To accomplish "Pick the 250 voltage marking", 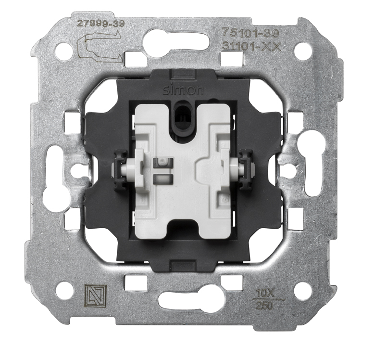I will tap(262, 305).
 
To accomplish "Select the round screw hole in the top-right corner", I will tap(303, 51).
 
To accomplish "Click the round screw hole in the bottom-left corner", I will tap(64, 290).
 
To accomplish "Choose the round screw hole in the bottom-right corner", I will tap(303, 290).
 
